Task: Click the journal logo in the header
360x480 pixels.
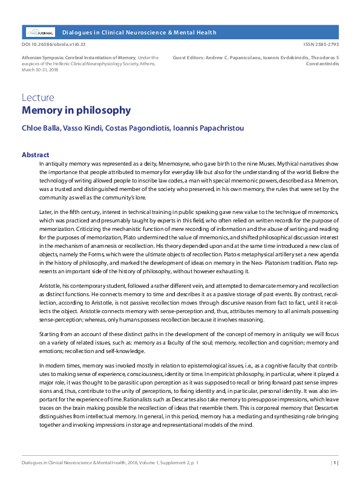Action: pos(40,32)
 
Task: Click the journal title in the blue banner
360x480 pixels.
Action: pos(139,32)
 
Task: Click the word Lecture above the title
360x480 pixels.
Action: pos(38,97)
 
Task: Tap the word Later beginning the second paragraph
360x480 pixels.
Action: pos(46,212)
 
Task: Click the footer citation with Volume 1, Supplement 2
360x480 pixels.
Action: pos(110,463)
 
